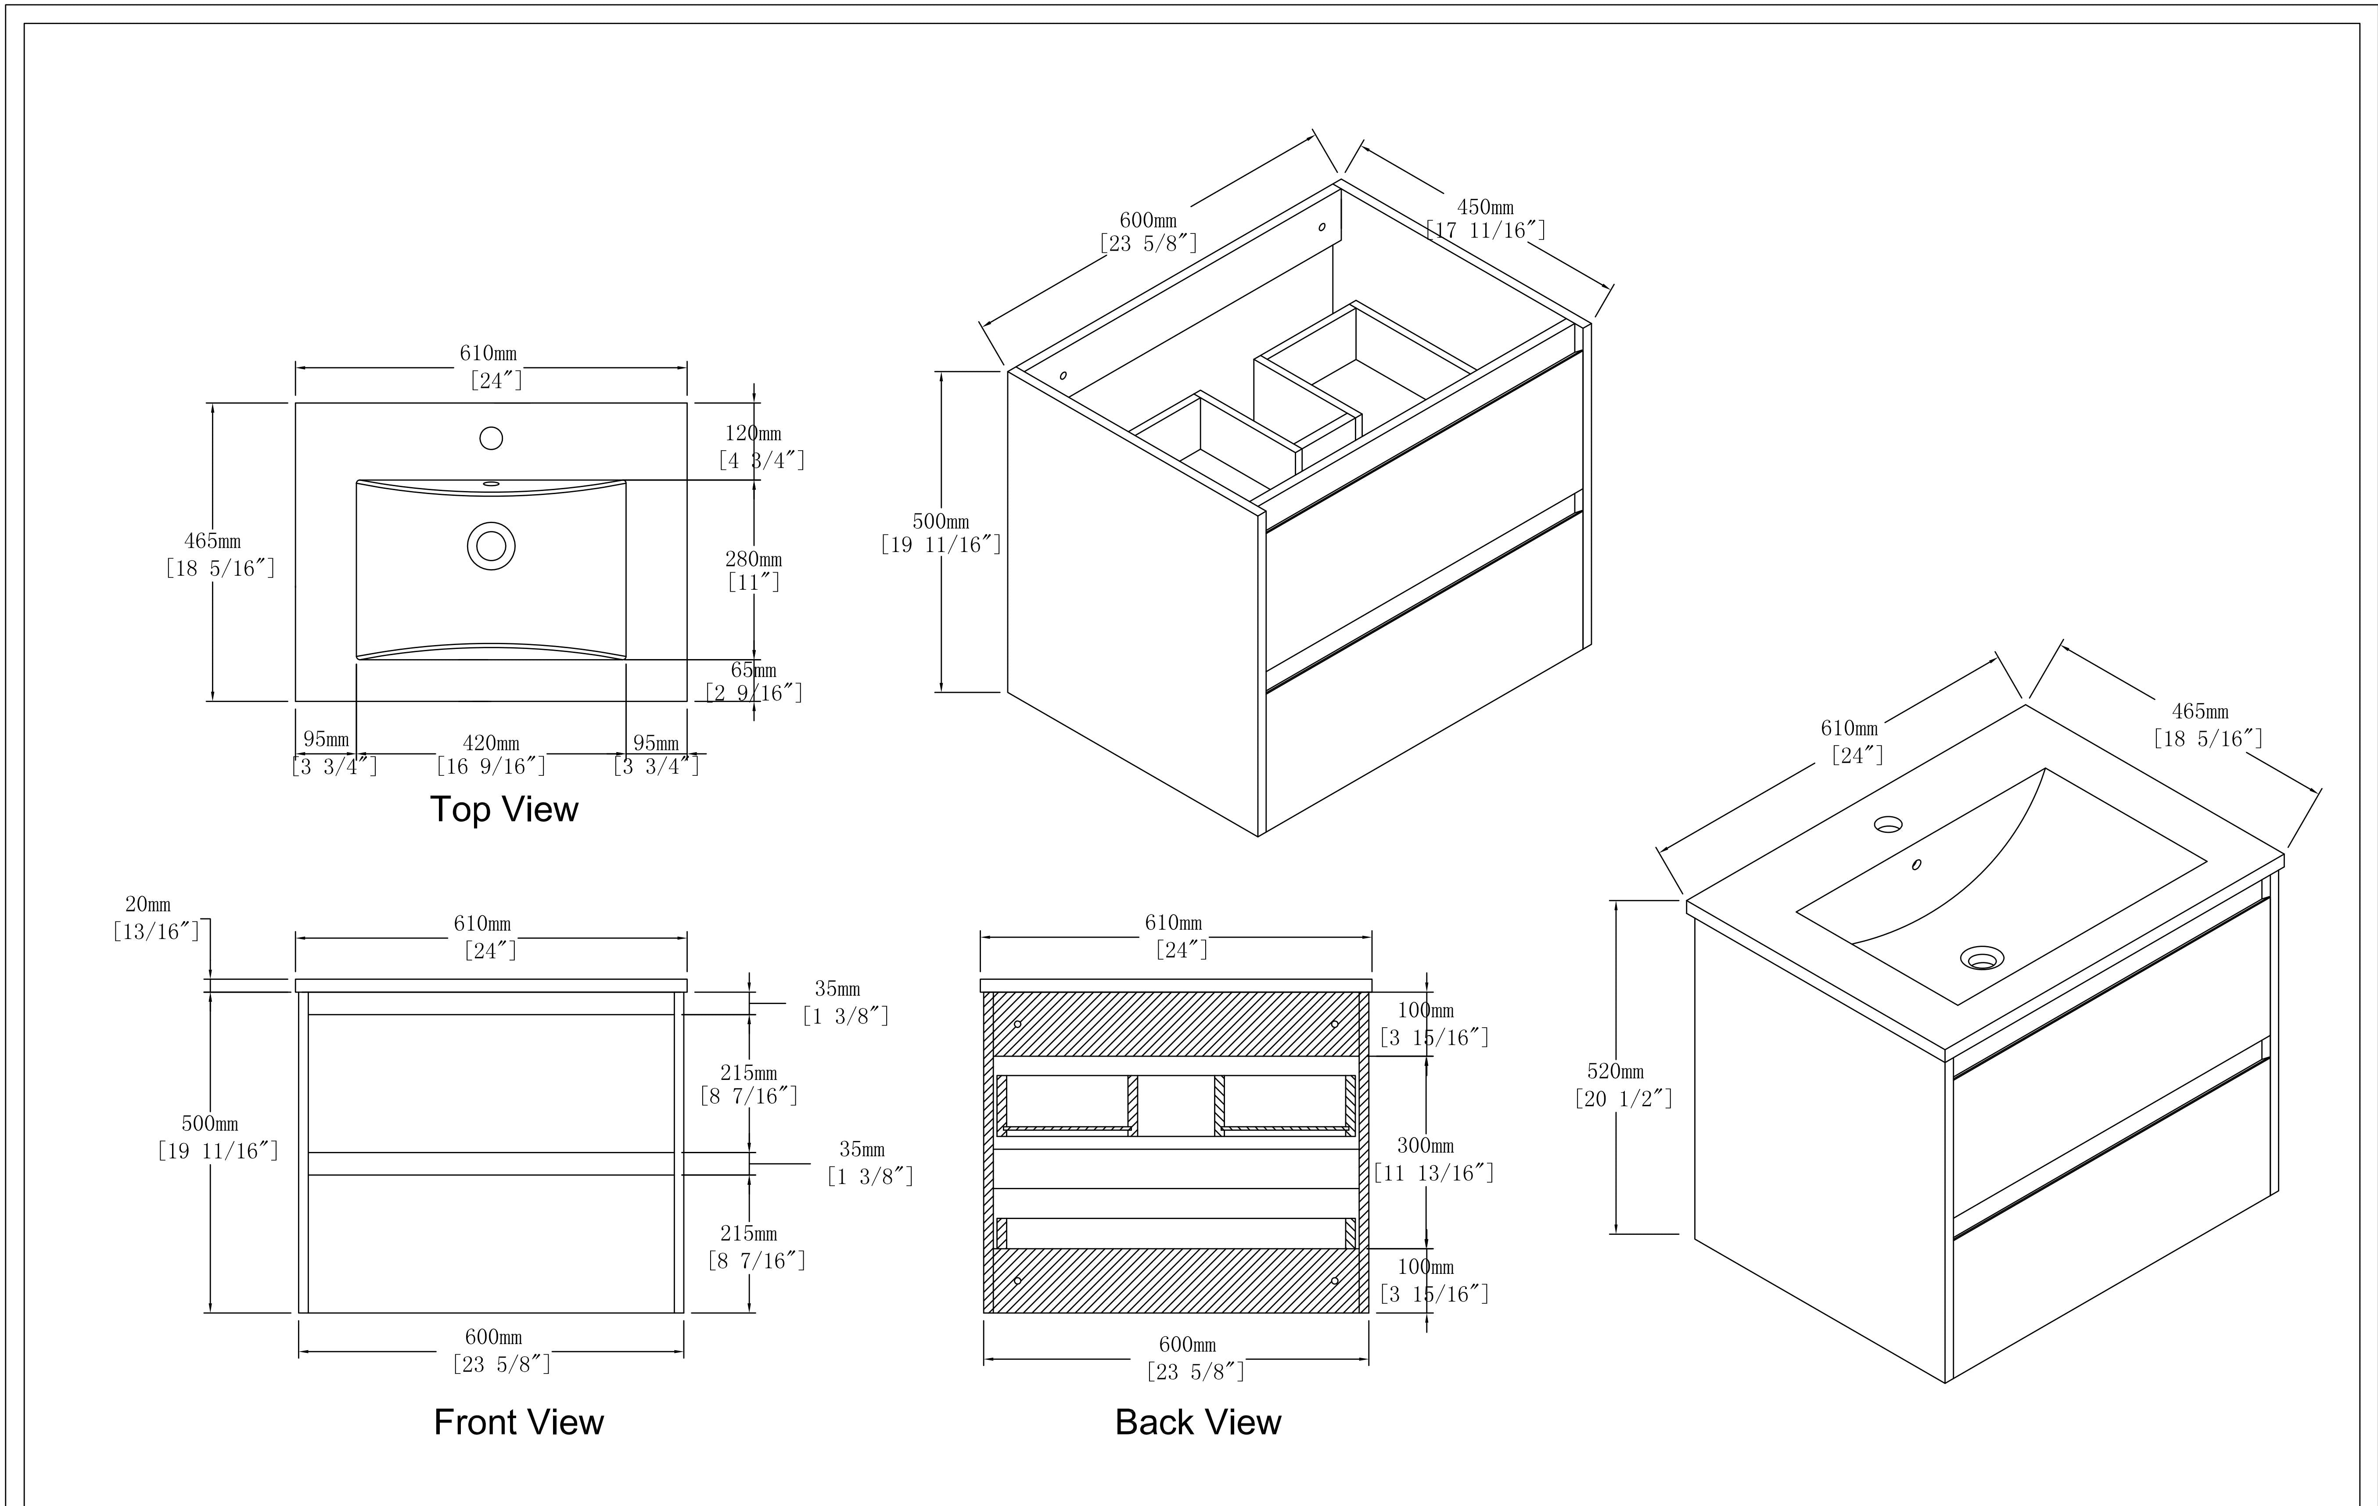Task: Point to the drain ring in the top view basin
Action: [491, 546]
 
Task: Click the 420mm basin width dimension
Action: [491, 742]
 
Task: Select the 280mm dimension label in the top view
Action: [754, 559]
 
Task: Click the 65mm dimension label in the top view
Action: [754, 671]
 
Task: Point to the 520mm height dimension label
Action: [1616, 1072]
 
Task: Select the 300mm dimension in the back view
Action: [1425, 1146]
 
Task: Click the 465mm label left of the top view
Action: [212, 541]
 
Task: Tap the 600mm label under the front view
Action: [494, 1337]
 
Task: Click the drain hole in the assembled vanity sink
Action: [1982, 957]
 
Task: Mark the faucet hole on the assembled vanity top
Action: [1888, 824]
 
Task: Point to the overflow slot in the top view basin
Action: [491, 484]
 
